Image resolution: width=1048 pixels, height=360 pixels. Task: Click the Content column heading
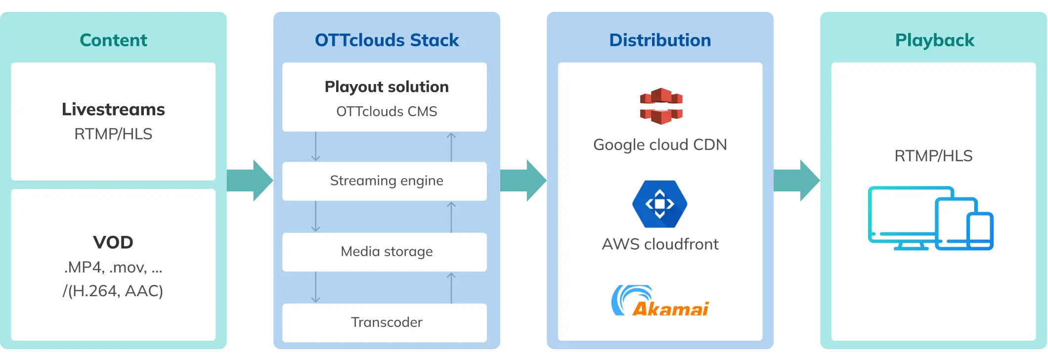(113, 40)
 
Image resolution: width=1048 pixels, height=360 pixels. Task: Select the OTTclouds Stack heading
(387, 40)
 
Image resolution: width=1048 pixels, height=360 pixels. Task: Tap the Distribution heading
(660, 40)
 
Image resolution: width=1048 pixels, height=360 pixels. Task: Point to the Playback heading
(934, 40)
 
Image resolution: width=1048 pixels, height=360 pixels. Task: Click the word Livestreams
(113, 109)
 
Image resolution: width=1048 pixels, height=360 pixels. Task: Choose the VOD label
(113, 242)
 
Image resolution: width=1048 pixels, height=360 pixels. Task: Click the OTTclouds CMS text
(387, 112)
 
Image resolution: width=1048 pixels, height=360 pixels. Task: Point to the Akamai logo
(660, 301)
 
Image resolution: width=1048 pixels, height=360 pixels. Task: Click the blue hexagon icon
(660, 204)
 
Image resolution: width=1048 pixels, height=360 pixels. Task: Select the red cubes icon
(661, 106)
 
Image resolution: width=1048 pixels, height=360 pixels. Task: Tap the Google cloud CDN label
(660, 145)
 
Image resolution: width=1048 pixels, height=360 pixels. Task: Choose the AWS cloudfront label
(660, 244)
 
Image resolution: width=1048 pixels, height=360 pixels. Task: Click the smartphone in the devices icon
(980, 231)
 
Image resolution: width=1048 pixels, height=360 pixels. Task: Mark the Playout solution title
(387, 87)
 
